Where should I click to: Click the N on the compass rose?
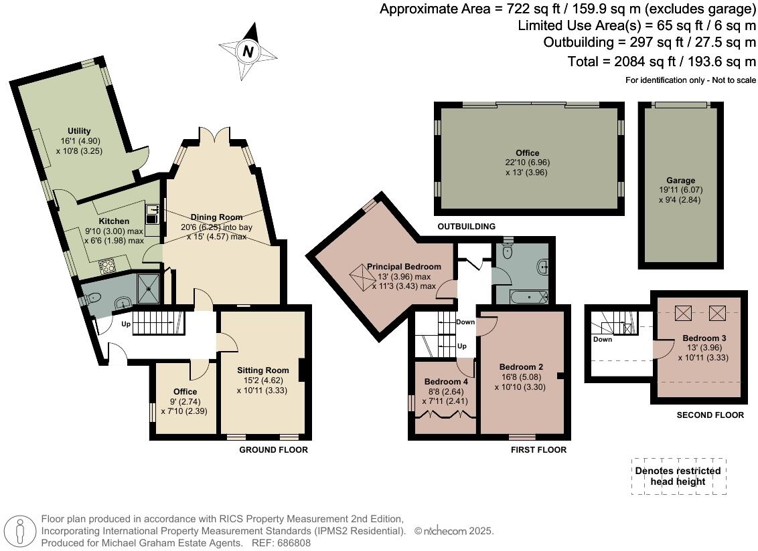pyautogui.click(x=248, y=51)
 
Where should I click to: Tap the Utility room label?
pyautogui.click(x=79, y=131)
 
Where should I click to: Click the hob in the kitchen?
pyautogui.click(x=106, y=265)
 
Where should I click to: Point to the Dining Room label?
pyautogui.click(x=216, y=217)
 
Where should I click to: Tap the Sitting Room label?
pyautogui.click(x=262, y=370)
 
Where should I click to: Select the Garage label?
pyautogui.click(x=680, y=181)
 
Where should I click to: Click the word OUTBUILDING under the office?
pyautogui.click(x=467, y=226)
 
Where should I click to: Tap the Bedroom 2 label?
pyautogui.click(x=521, y=366)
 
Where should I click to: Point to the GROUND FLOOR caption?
pyautogui.click(x=273, y=450)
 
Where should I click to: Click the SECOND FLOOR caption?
pyautogui.click(x=710, y=415)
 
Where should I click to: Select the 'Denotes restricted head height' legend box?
pyautogui.click(x=678, y=476)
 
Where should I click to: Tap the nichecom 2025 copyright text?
pyautogui.click(x=454, y=531)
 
